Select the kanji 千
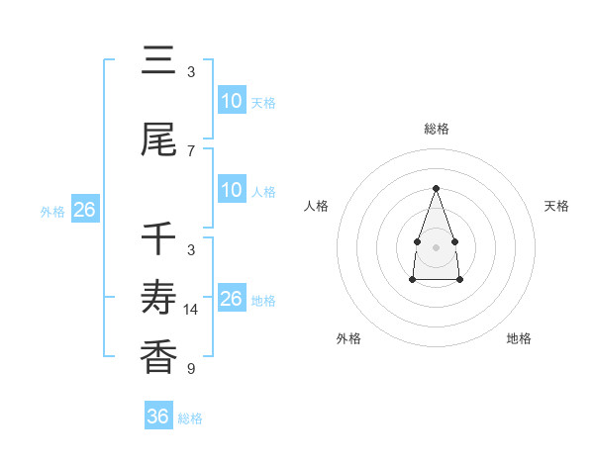(159, 239)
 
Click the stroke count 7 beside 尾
(191, 150)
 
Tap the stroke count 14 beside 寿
(191, 310)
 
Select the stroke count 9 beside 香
(191, 369)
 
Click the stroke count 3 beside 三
(191, 71)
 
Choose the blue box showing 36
(157, 417)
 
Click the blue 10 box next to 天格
(231, 101)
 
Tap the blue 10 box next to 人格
(231, 190)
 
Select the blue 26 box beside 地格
(231, 299)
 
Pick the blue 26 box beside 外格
(84, 210)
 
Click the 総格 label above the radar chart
(436, 129)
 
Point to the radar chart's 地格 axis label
(519, 338)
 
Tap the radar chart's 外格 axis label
(348, 338)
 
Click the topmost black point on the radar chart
(436, 187)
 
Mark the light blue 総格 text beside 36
(190, 418)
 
